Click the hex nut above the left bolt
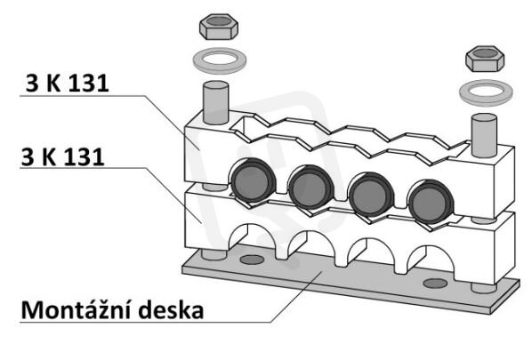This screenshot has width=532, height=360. coord(219,27)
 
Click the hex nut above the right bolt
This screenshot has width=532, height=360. coord(485,59)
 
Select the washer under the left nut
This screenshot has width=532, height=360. coord(220,60)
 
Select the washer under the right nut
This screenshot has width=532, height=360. coord(486,92)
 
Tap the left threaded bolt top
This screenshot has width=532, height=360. coord(215,102)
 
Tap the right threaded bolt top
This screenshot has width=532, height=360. coord(484,135)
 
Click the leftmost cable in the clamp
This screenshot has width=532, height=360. coord(253,180)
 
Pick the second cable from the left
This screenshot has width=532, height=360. coord(310,187)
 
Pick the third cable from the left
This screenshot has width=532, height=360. coord(370,195)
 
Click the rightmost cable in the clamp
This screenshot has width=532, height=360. coord(431,202)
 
